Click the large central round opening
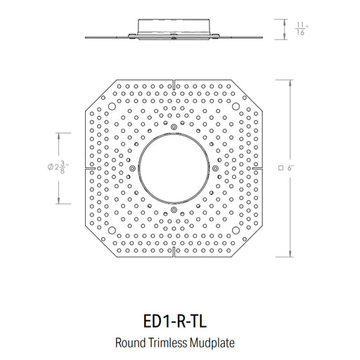tap(174, 168)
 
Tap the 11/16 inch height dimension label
tap(301, 29)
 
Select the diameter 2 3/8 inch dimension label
tap(58, 167)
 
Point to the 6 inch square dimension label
tap(286, 168)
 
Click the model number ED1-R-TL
tap(175, 321)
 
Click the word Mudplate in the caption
tap(212, 343)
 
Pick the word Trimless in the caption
tap(167, 342)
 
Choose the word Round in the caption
tap(130, 343)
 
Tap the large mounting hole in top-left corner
tap(112, 106)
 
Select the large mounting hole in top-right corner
tap(236, 106)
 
